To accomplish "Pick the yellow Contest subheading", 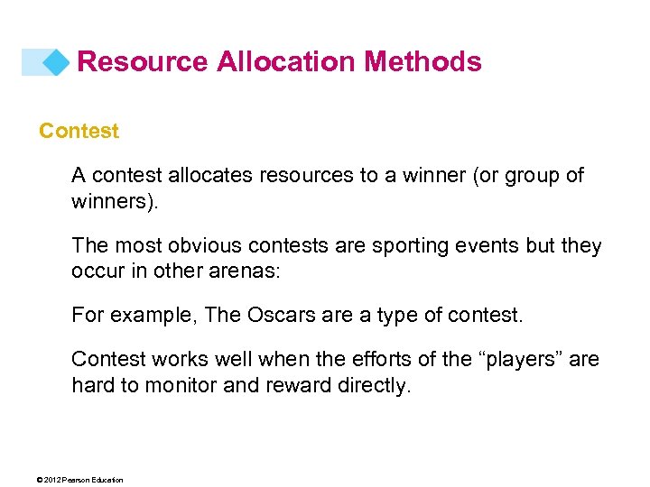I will [x=79, y=131].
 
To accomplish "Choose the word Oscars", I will [x=273, y=316].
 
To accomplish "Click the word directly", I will [x=376, y=385].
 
